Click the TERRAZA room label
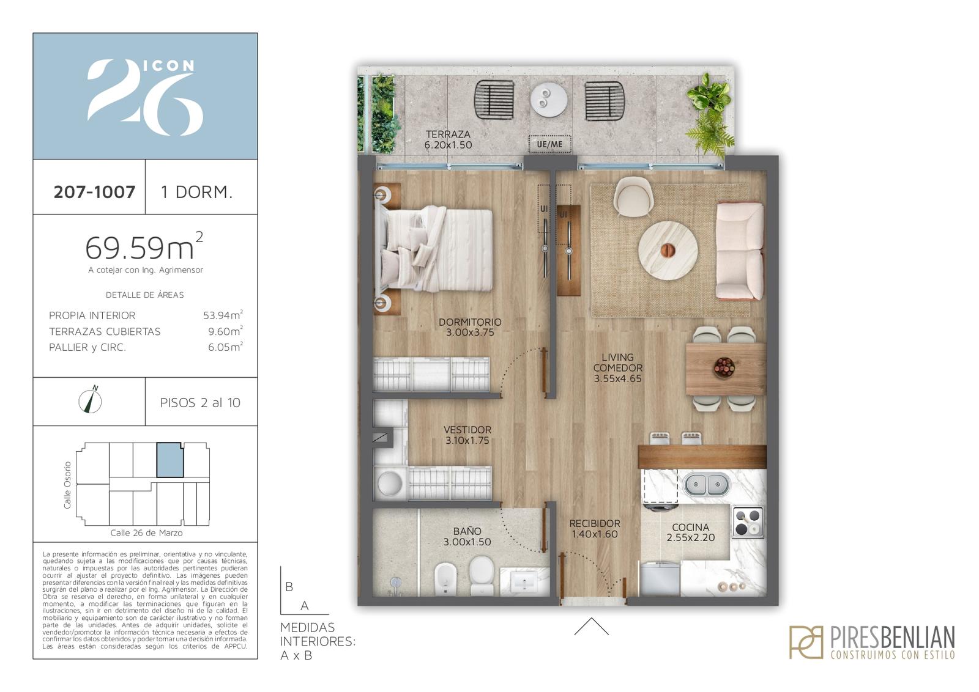[x=448, y=134]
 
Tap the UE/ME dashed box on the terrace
[x=550, y=144]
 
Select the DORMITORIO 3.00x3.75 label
[x=470, y=327]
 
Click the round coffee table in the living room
[x=668, y=250]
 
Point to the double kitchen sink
[x=707, y=484]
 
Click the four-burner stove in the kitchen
[x=748, y=523]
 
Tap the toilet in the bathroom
[x=481, y=574]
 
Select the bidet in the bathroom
[x=445, y=579]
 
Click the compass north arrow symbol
[x=91, y=400]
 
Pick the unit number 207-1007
[x=94, y=192]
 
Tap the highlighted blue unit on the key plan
[x=170, y=460]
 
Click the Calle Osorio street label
[x=67, y=485]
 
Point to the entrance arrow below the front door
[x=591, y=626]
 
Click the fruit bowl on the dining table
[x=724, y=367]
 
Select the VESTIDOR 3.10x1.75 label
[x=467, y=435]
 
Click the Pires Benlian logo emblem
[x=806, y=642]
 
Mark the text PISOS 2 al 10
[x=200, y=402]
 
